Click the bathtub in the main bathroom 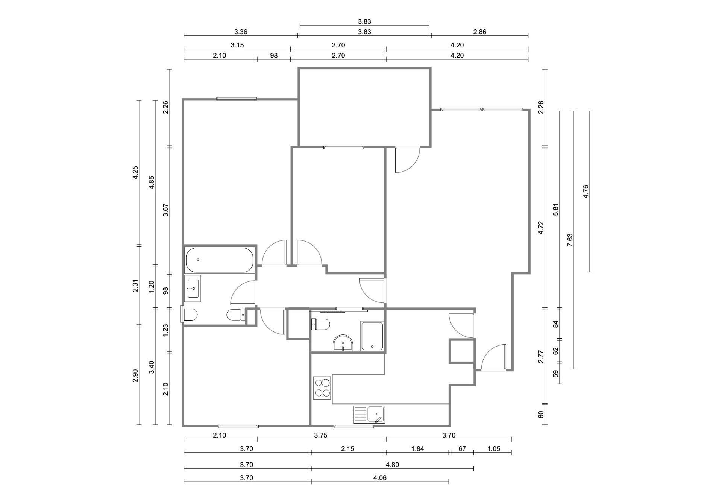pos(220,260)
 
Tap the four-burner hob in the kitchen pos(322,388)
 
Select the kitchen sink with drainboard pos(369,415)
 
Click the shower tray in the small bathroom pos(372,336)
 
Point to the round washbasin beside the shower pos(343,343)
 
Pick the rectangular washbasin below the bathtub pos(193,289)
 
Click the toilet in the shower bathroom pos(320,324)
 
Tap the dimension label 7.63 pos(570,240)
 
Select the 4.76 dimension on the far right pos(585,191)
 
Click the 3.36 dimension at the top pos(241,32)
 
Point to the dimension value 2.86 pos(479,32)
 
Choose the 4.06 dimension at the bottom pos(380,478)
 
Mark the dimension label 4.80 pos(392,465)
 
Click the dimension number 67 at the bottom pos(462,449)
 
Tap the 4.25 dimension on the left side pos(135,173)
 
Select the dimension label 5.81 pos(556,210)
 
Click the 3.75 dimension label pos(321,435)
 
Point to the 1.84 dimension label pos(417,449)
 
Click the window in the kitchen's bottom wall pos(353,426)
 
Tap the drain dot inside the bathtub pos(198,260)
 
